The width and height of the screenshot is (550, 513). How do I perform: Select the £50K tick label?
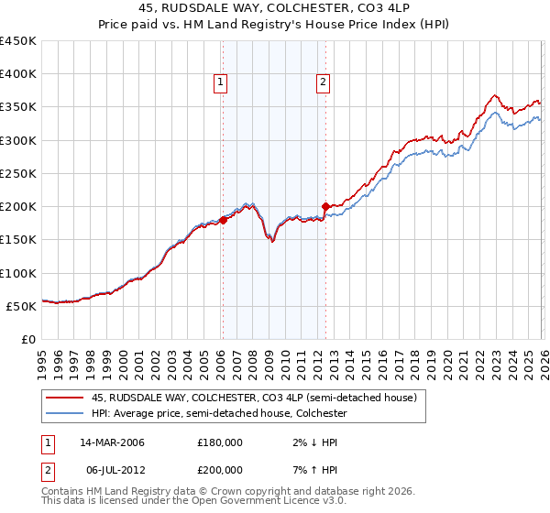pos(22,306)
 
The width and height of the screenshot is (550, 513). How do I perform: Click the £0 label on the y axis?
pos(29,339)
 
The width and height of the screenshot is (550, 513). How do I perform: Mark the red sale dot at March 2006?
pos(223,220)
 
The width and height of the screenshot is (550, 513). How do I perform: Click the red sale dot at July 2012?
pos(325,206)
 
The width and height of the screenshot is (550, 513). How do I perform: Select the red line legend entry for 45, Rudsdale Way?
pos(254,398)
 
